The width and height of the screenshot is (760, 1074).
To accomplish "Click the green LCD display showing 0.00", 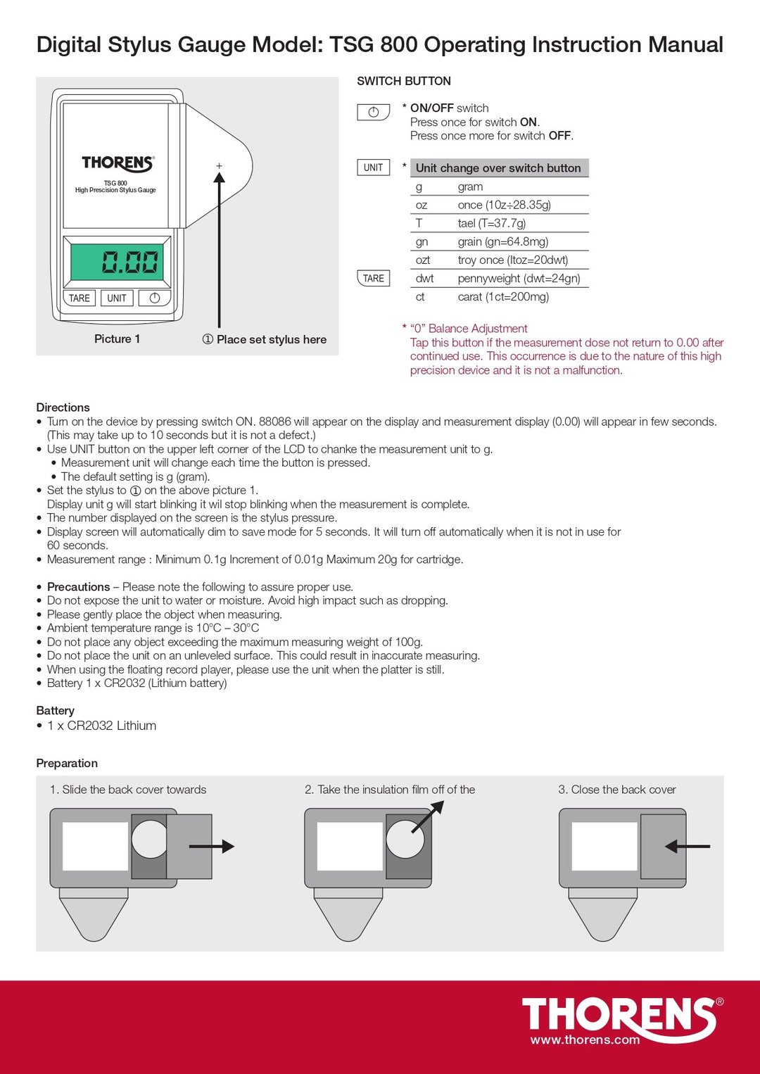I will click(117, 262).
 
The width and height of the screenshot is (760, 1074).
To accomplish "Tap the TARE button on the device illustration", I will click(79, 298).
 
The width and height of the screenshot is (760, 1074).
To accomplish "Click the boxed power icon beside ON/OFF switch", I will click(373, 112).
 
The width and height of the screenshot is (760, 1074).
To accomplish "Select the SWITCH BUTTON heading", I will click(404, 81).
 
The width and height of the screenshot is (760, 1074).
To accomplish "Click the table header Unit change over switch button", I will click(498, 168).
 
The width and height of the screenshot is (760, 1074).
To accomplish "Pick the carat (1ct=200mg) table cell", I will click(503, 297).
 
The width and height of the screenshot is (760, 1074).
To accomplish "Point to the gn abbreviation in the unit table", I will click(422, 242).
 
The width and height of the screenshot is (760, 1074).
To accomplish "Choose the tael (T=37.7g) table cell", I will click(492, 224).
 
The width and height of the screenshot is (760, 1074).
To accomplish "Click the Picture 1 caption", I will click(117, 339).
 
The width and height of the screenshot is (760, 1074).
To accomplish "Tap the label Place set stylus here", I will click(271, 340).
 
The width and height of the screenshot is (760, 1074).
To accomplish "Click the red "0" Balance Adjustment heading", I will click(469, 329).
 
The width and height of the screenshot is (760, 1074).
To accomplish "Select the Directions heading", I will click(63, 408).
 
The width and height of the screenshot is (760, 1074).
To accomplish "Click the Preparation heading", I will click(67, 764).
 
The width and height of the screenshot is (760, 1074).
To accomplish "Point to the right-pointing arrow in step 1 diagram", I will click(212, 847).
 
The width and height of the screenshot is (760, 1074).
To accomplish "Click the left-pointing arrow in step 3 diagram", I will click(687, 846).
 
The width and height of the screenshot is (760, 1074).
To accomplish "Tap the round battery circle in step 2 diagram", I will click(405, 838).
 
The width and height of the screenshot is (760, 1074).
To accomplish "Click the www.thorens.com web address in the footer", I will click(585, 1040).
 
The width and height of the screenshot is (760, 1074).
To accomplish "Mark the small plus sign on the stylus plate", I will click(219, 166).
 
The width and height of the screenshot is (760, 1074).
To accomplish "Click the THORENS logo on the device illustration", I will click(118, 163).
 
